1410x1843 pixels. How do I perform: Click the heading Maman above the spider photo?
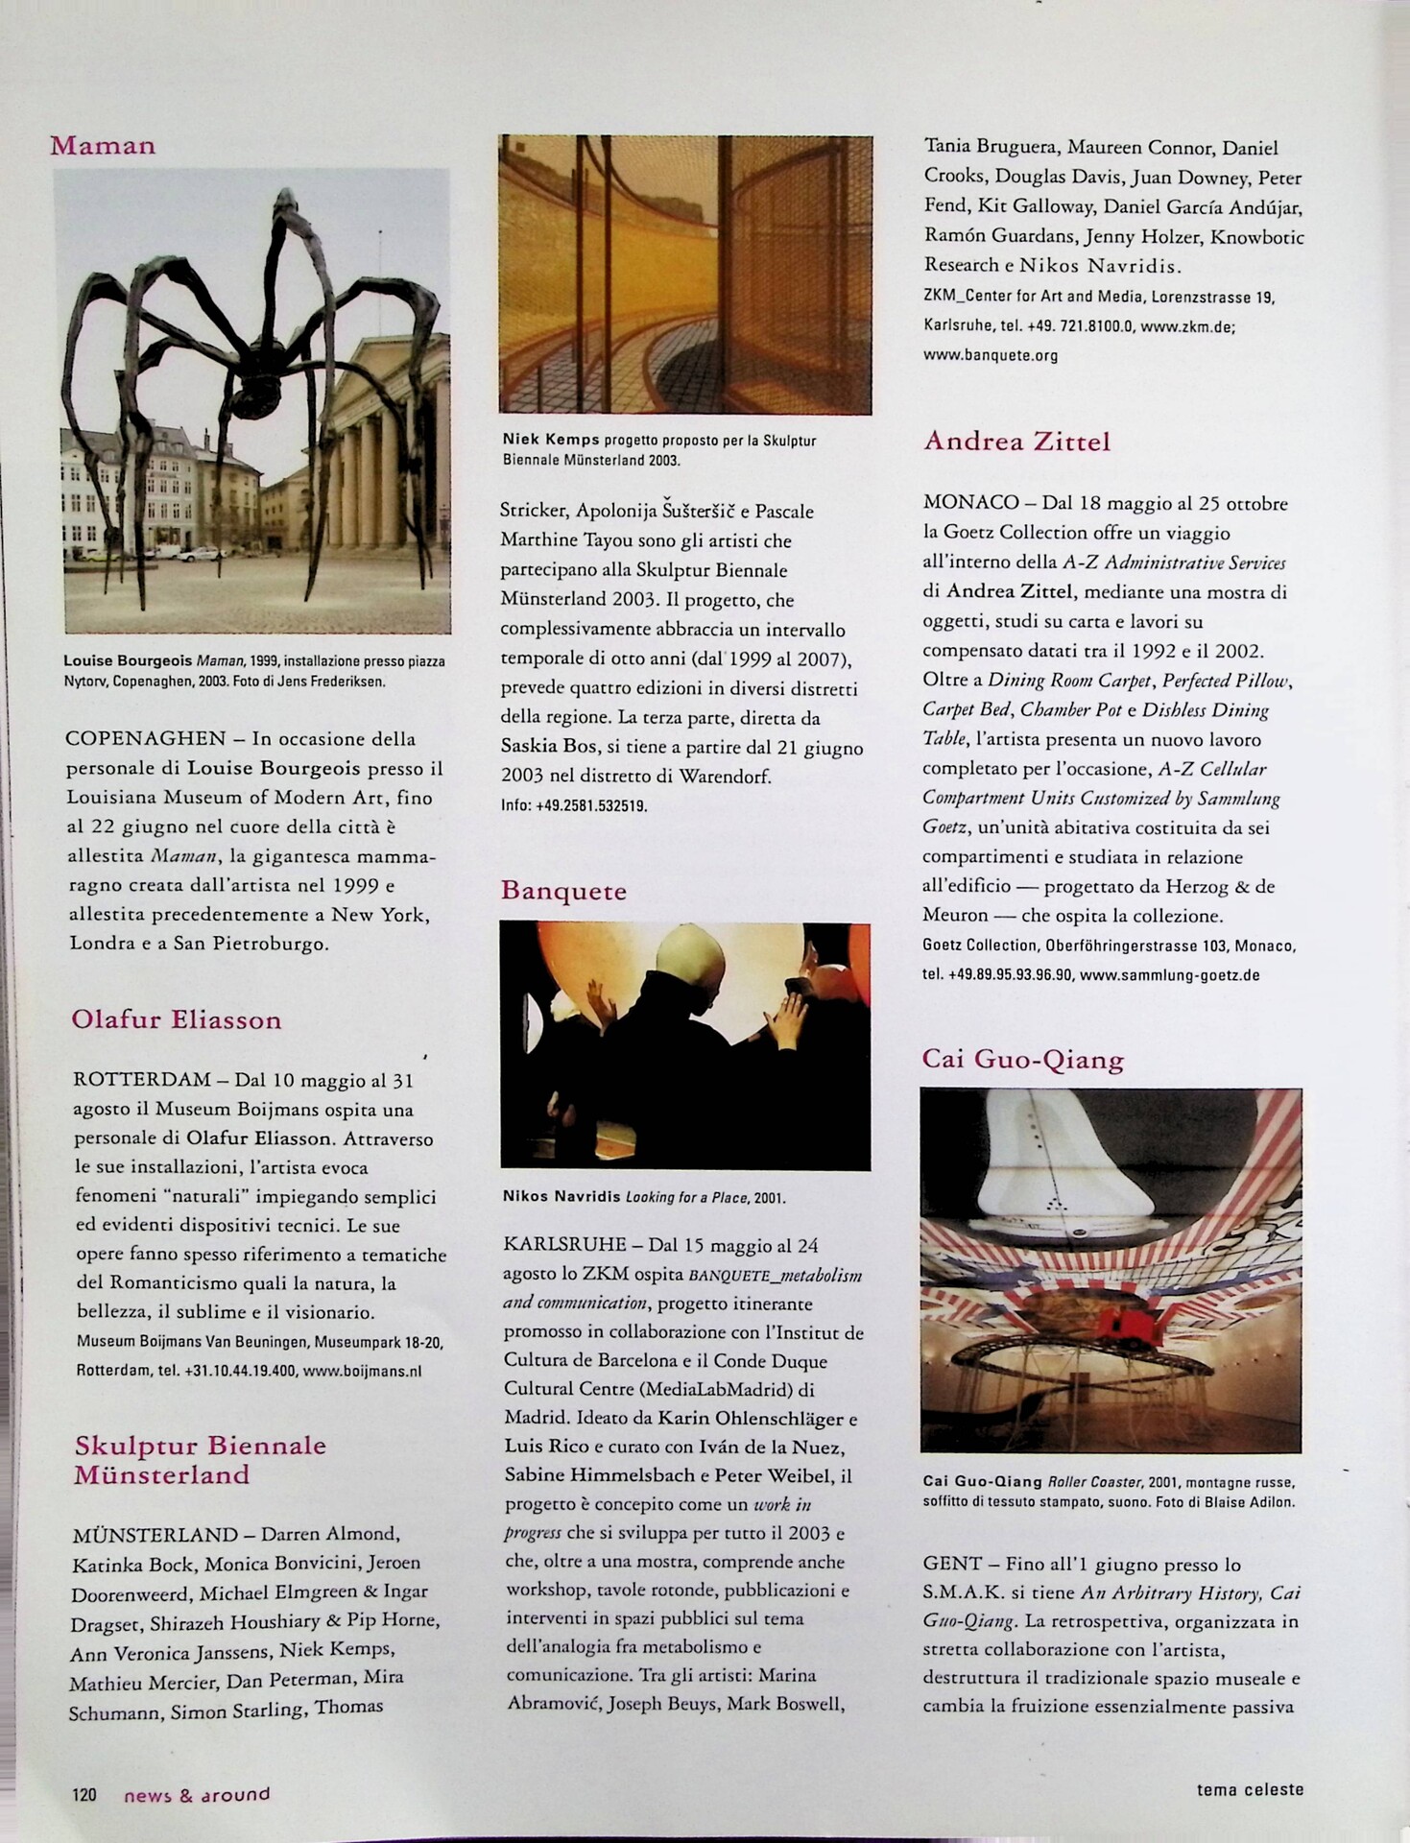103,146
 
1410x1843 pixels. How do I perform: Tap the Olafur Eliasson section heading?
177,1019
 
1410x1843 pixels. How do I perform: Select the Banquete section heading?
563,891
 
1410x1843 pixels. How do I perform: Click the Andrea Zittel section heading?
1016,442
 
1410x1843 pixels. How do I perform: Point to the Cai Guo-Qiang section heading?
1022,1060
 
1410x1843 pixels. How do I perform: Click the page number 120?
84,1794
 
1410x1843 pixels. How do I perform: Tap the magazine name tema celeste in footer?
1250,1789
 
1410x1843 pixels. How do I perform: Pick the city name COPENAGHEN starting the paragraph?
145,739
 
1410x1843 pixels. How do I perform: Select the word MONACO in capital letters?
970,503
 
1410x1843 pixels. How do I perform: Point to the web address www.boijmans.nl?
362,1371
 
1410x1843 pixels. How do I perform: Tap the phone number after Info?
586,805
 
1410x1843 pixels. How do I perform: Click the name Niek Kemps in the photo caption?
551,440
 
